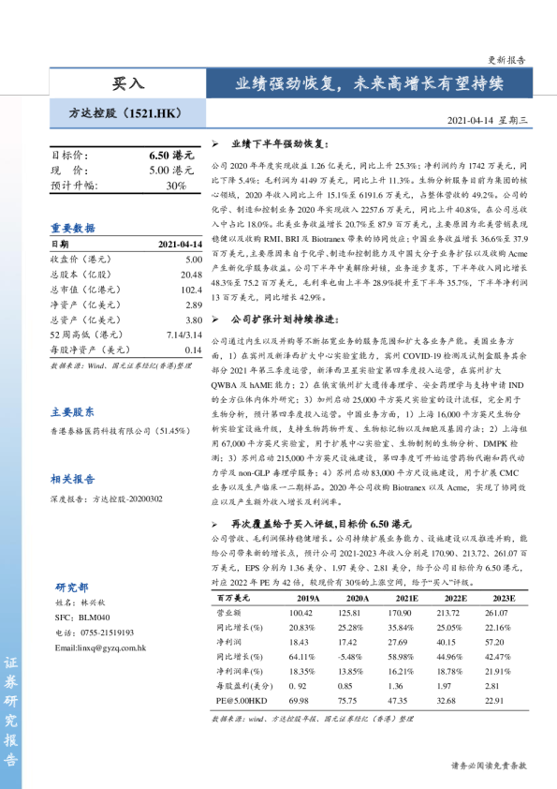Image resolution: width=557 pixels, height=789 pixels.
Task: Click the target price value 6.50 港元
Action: click(x=171, y=156)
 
